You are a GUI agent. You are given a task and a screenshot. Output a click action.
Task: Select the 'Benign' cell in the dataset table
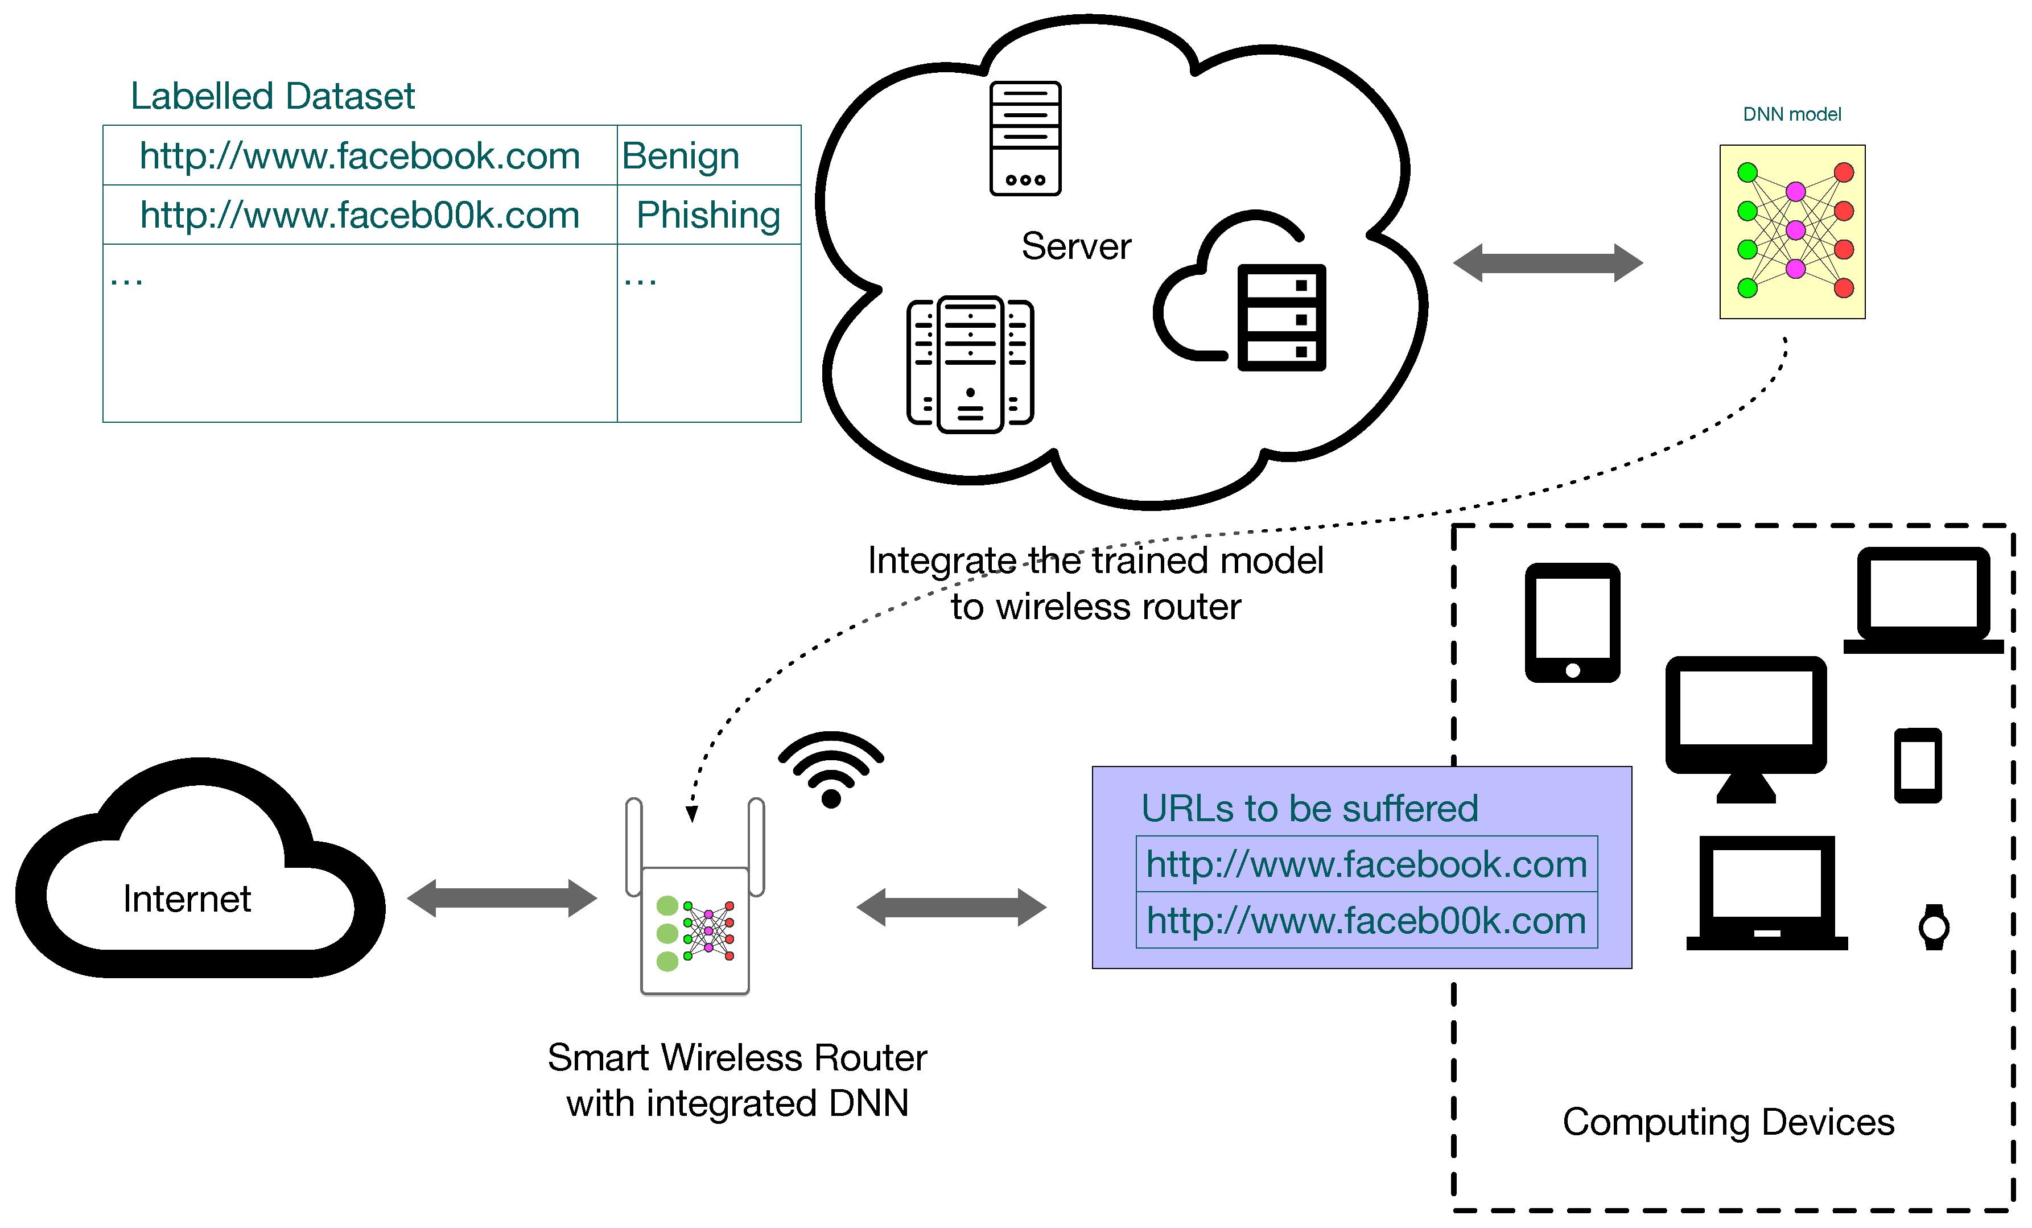[681, 156]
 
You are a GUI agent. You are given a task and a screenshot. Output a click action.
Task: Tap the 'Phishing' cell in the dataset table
[707, 215]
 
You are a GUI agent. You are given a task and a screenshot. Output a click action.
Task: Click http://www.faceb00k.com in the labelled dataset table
[360, 215]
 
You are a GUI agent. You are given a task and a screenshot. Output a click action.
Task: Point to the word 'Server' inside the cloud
[1075, 246]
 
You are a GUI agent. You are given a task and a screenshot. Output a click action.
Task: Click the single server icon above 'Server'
[1025, 138]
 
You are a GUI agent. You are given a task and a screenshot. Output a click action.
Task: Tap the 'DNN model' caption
[1791, 114]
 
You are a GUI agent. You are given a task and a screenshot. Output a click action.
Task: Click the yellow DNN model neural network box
[1791, 232]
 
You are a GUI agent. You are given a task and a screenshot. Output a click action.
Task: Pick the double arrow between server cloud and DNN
[1547, 263]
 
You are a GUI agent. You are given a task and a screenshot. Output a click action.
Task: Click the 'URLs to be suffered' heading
[1309, 808]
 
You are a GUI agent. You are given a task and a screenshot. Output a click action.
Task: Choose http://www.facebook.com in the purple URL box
[1366, 864]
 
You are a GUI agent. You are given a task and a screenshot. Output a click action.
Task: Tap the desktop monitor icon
[1745, 726]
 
